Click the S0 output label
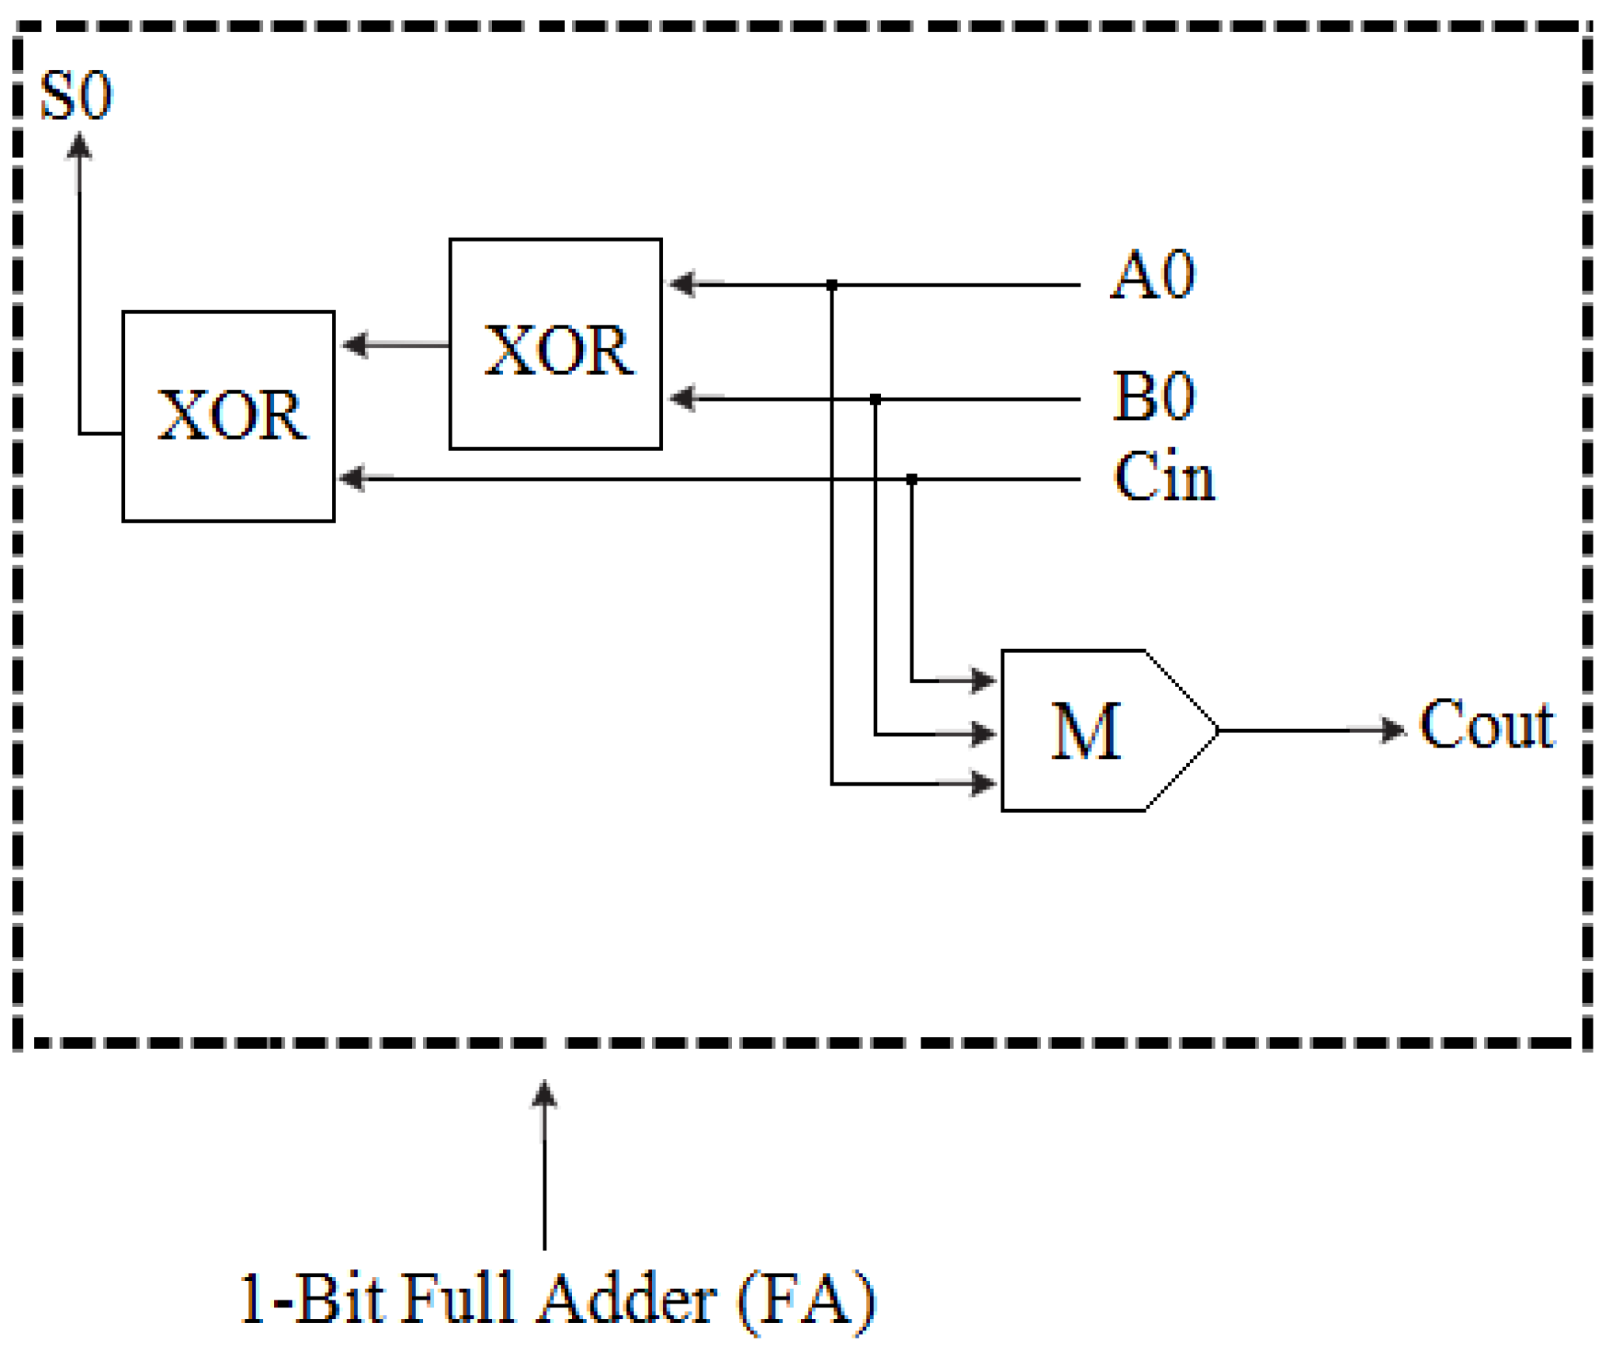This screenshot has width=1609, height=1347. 76,95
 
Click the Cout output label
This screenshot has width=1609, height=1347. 1486,724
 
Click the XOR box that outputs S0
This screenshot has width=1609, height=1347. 228,416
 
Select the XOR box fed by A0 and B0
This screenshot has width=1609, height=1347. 555,344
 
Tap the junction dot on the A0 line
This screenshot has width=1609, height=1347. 831,285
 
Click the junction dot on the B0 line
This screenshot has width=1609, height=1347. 875,399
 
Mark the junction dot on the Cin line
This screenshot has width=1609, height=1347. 911,479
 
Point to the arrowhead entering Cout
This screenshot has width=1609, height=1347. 1393,730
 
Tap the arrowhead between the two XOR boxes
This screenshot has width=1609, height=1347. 355,344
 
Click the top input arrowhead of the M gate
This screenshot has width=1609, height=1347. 983,680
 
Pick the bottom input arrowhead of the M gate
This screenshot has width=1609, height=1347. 983,783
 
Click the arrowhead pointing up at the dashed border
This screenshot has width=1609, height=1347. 544,1096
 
